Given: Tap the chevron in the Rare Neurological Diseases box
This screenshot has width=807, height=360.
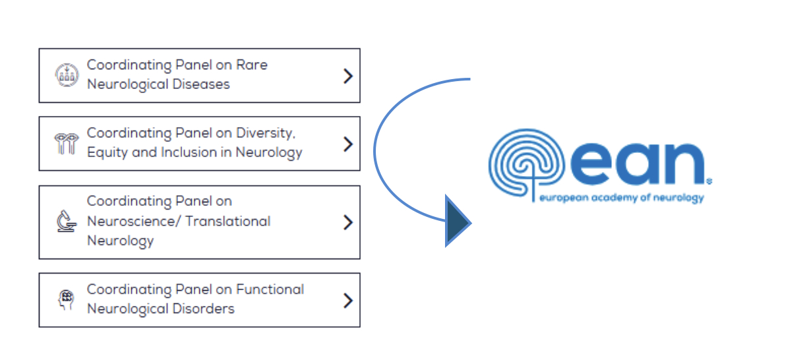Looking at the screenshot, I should point(348,76).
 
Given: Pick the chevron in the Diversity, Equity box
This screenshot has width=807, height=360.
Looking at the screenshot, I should point(348,144).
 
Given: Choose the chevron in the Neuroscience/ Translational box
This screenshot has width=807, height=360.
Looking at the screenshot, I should point(348,222).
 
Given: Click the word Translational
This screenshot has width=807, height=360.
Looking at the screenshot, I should point(227,221).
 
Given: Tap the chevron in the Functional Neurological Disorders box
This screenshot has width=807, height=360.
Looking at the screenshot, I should point(348,301).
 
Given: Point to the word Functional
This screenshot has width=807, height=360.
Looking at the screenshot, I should point(270,289).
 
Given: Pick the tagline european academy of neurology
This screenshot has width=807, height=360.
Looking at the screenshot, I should point(621,198).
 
